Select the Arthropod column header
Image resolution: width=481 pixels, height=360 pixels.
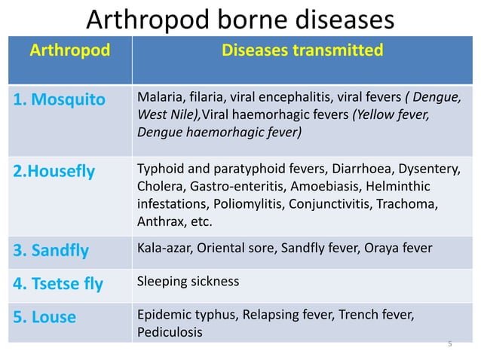[x=69, y=51]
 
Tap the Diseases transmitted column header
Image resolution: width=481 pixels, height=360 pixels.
[x=302, y=51]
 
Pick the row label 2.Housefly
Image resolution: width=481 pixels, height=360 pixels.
[x=54, y=172]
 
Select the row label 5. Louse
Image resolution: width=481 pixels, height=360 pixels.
[x=44, y=317]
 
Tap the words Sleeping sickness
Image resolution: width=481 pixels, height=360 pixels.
[x=188, y=282]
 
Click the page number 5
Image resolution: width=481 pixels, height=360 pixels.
[x=449, y=344]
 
